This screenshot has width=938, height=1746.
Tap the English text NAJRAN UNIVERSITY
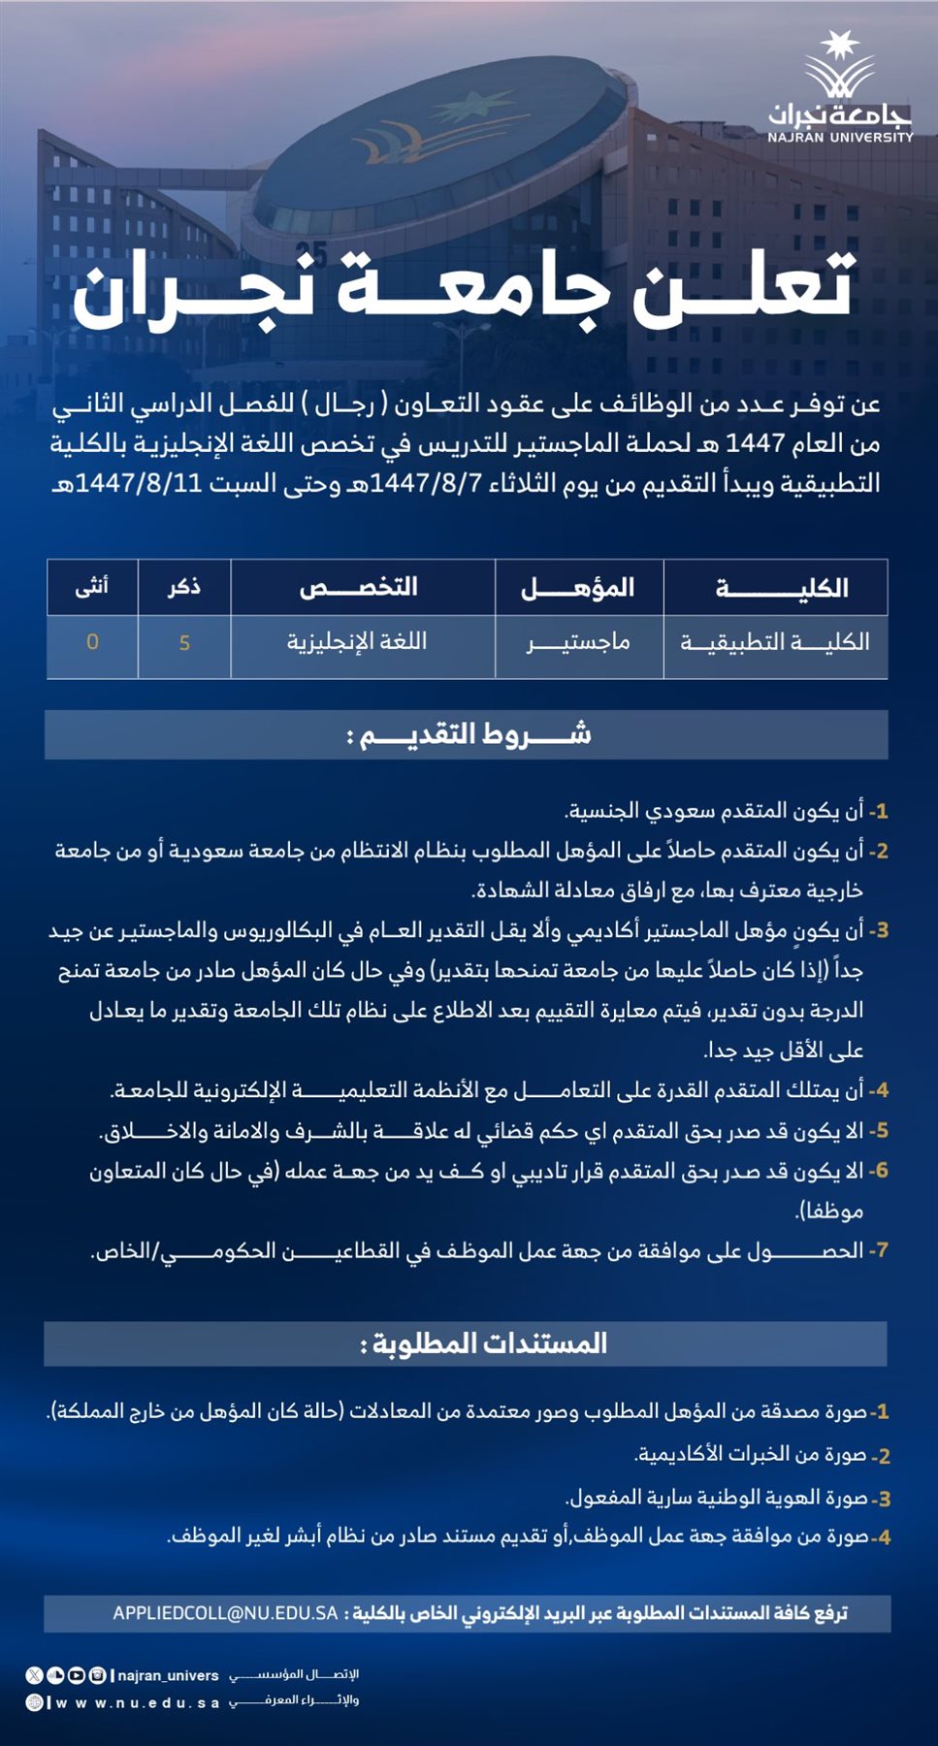coord(840,138)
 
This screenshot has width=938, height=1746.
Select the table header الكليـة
coord(782,588)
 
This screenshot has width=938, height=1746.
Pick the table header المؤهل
coord(578,588)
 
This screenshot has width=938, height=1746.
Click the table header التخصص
coord(359,588)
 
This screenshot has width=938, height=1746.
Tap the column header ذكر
coord(184,587)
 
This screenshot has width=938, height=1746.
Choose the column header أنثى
coord(92,587)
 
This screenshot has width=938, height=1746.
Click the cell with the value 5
coord(184,643)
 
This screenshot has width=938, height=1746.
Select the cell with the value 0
coord(92,642)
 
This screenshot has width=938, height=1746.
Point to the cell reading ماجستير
coord(578,642)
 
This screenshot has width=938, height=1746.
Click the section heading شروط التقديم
coord(468,735)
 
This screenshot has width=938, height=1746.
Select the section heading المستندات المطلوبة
coord(483,1344)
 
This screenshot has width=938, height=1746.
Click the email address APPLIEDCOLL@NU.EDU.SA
coord(225,1613)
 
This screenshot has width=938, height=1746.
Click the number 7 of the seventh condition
coord(878,1251)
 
